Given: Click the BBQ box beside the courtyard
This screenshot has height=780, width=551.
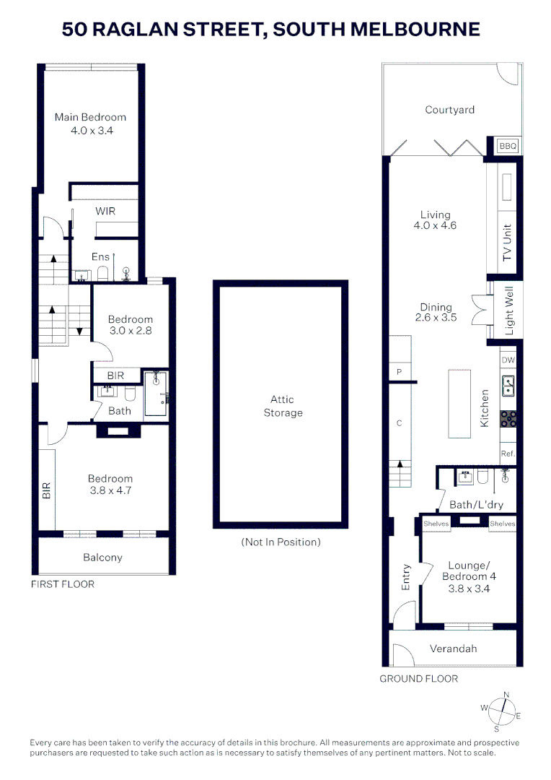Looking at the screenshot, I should [508, 146].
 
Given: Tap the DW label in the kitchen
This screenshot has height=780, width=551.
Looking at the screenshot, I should [508, 360].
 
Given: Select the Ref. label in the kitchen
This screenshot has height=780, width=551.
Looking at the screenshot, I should [508, 453].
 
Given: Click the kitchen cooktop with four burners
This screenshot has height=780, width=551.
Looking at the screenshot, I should [508, 418].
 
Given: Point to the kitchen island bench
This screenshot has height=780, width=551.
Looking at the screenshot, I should [459, 403].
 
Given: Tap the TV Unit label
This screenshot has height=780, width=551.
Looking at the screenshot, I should [507, 243].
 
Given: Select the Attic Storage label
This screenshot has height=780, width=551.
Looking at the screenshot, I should [282, 406].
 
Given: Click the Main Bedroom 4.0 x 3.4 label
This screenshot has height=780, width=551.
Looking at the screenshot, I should [91, 123].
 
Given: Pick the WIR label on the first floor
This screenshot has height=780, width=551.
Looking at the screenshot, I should [105, 212].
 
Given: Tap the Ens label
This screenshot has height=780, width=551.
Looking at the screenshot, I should [100, 256].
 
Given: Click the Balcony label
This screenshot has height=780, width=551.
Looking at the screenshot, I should [102, 557].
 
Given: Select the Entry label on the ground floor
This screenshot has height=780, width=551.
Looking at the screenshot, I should [406, 578].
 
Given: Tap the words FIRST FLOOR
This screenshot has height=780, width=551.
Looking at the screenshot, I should [62, 584].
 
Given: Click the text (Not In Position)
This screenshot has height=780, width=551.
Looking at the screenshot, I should [281, 542].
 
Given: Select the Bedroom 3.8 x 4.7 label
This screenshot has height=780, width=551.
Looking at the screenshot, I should [110, 484].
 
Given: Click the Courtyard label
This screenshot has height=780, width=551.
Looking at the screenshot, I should [449, 110].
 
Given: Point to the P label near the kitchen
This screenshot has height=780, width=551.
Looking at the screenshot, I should [399, 372].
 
